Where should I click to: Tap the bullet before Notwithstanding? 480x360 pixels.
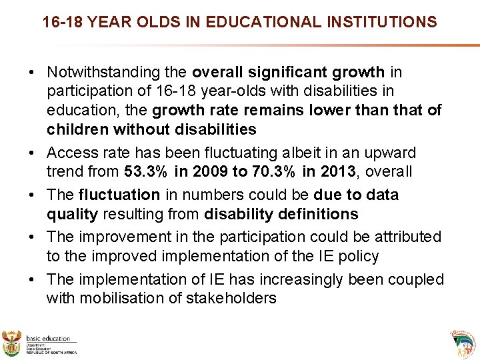coord(33,72)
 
